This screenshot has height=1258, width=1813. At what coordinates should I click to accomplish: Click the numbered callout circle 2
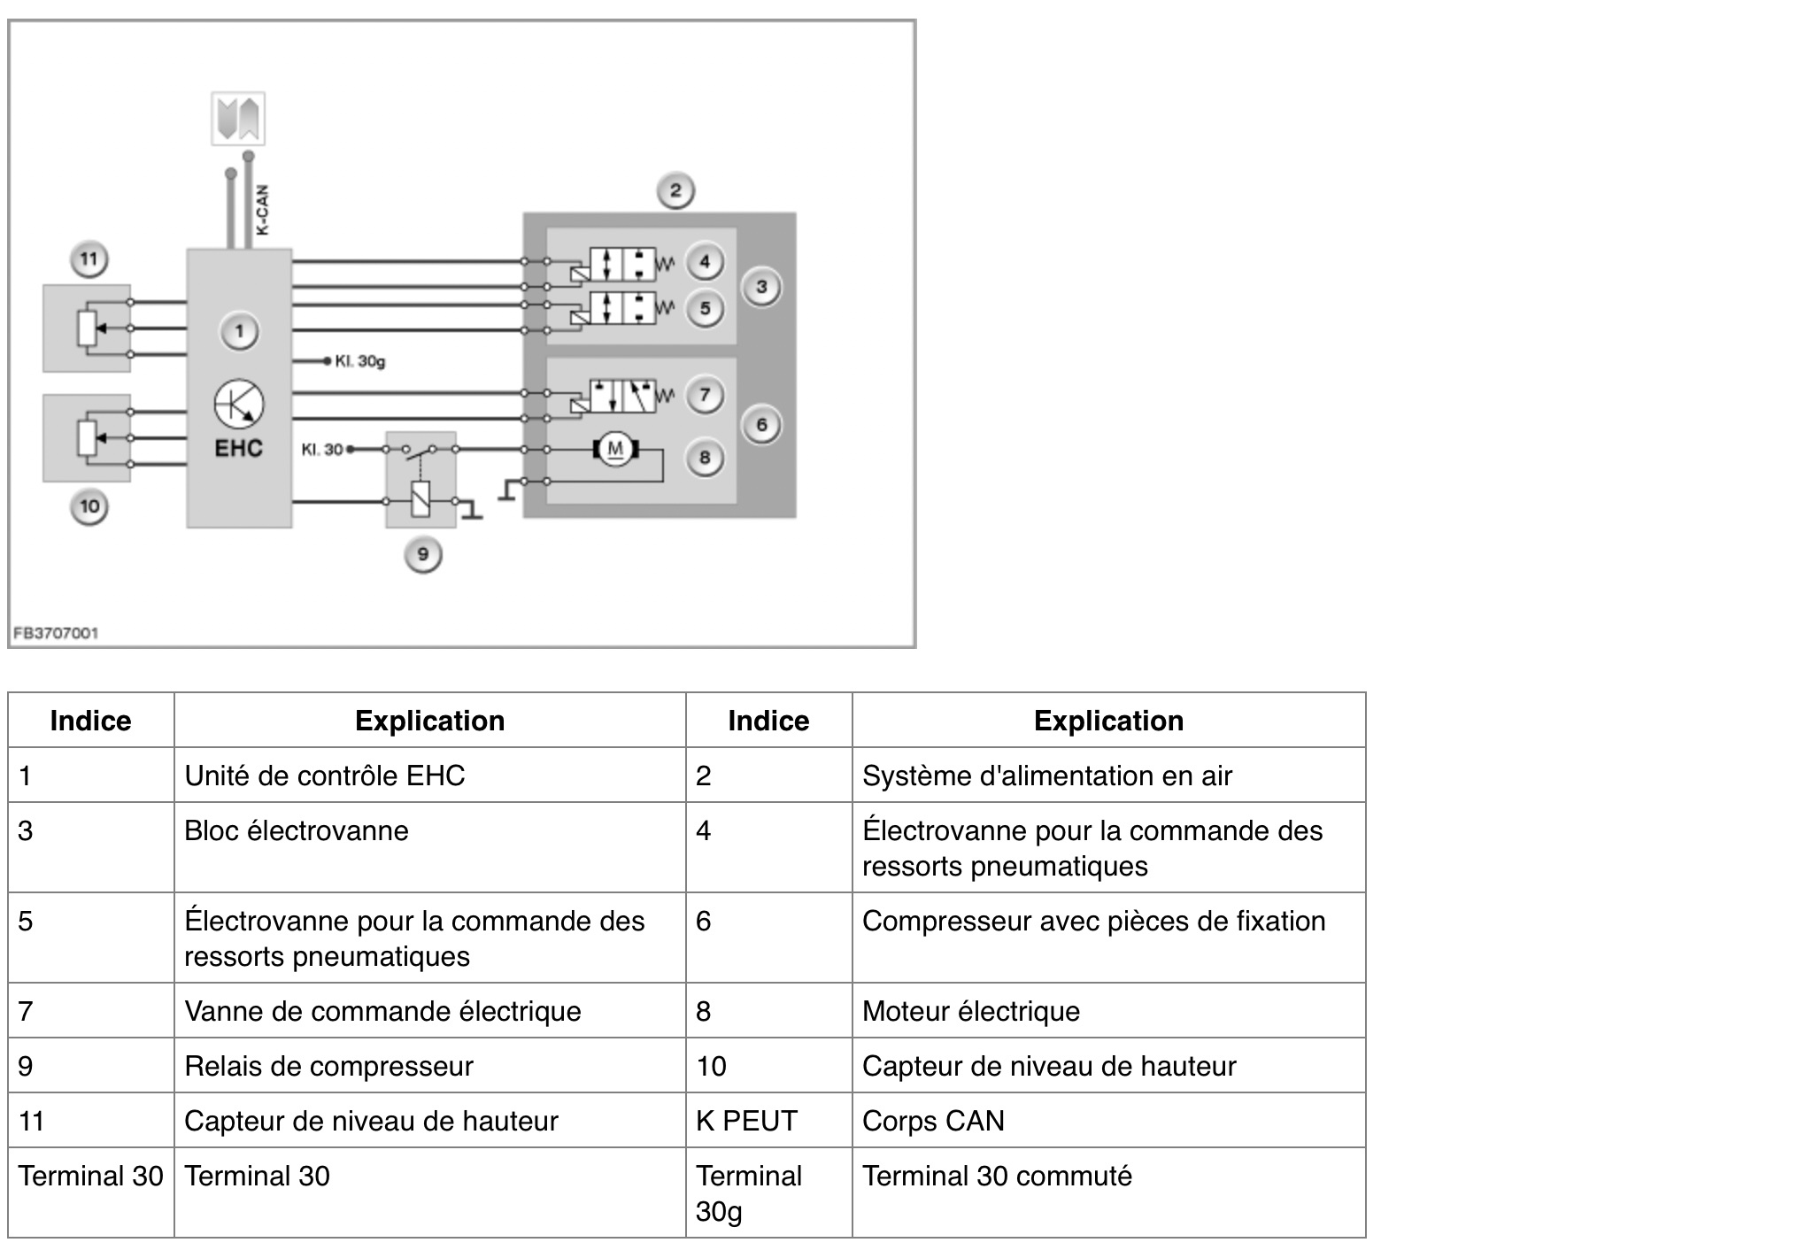[675, 191]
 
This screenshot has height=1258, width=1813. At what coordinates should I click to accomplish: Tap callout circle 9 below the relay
[423, 555]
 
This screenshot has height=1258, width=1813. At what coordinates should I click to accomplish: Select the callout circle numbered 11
[89, 260]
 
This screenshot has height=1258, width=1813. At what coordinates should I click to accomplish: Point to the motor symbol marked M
[615, 450]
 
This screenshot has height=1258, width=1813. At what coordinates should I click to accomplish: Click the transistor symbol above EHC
[239, 404]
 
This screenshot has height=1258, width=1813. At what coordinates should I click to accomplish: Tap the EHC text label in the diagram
[239, 448]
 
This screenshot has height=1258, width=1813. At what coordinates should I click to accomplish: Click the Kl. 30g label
[359, 361]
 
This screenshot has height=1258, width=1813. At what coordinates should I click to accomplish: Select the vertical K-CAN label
[262, 211]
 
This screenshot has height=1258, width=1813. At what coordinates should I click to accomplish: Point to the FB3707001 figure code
[56, 633]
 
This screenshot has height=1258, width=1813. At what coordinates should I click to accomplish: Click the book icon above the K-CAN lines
[238, 119]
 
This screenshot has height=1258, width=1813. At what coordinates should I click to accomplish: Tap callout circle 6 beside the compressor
[761, 426]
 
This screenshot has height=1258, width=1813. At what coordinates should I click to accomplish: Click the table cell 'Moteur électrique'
[971, 1011]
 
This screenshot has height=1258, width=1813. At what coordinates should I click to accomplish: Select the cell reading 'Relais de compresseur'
[328, 1066]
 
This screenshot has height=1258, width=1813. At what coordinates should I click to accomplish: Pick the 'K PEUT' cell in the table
[746, 1121]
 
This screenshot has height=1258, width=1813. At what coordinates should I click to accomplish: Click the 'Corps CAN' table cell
[933, 1121]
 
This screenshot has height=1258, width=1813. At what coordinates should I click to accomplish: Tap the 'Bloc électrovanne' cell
[297, 830]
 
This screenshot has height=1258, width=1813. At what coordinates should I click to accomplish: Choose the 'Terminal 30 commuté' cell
[997, 1176]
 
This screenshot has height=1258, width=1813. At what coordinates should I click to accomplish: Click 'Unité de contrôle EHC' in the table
[324, 776]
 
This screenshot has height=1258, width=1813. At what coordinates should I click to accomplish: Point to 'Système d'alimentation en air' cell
[1046, 776]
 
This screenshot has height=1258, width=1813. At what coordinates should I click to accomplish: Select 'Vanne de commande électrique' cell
[382, 1011]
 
